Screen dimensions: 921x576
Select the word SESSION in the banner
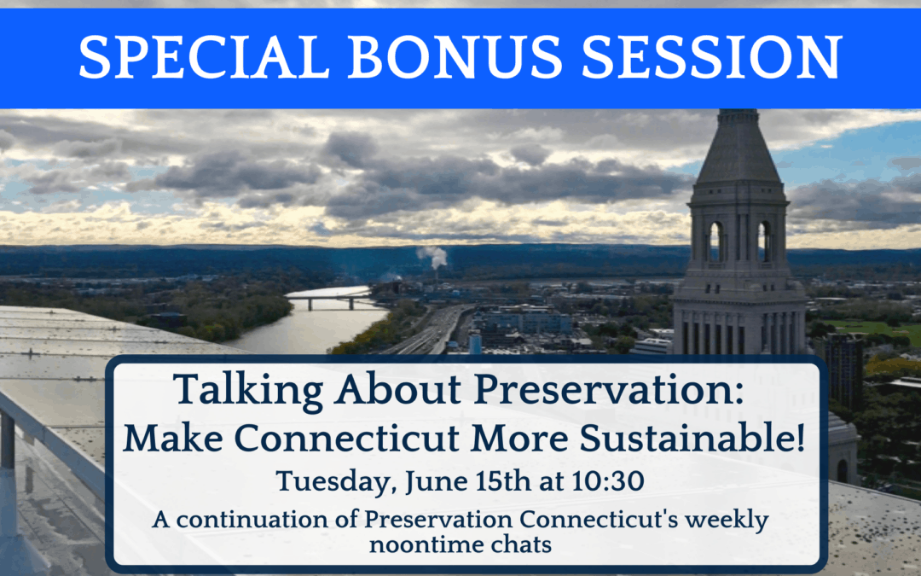click(712, 57)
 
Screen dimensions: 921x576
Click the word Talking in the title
click(248, 391)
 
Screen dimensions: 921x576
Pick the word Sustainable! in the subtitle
click(692, 438)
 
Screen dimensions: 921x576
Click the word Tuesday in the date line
click(333, 482)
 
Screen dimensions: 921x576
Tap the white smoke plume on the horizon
click(433, 257)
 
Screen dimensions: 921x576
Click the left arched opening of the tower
click(715, 241)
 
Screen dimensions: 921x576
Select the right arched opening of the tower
click(763, 241)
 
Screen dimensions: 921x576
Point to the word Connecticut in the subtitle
click(349, 439)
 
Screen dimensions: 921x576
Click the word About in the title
click(398, 390)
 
